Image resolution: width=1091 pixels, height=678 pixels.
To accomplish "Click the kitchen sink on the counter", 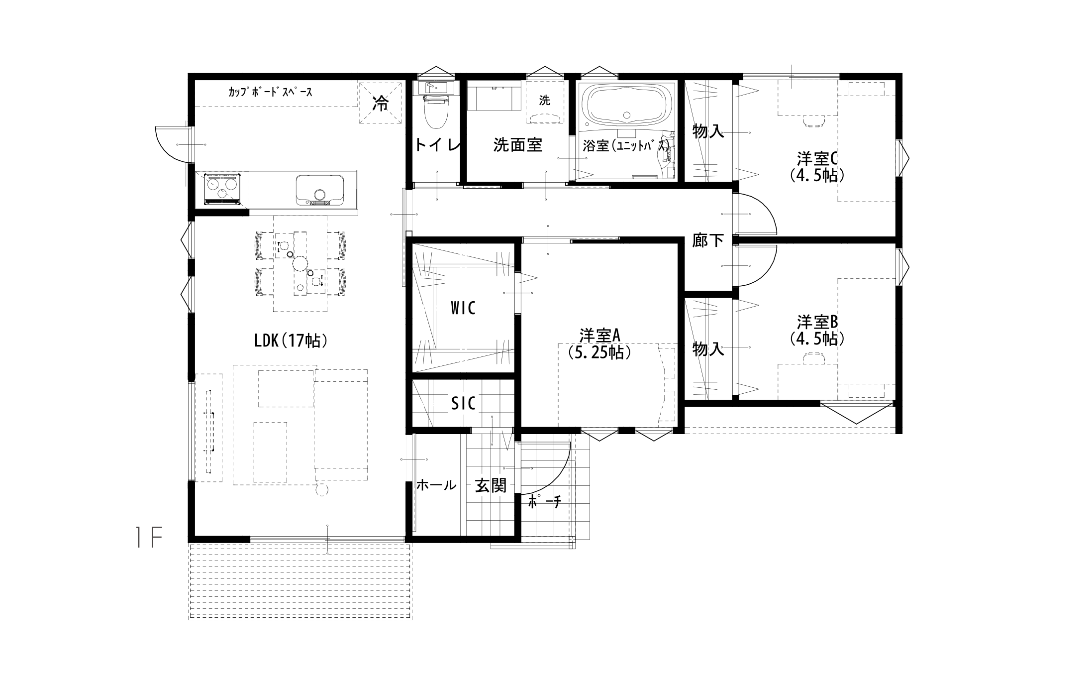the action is tap(319, 190).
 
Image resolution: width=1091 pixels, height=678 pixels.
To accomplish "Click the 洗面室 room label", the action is tap(517, 145).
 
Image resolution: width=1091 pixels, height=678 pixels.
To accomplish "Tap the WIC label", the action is tap(463, 308).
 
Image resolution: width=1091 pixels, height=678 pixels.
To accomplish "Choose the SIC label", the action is tap(463, 403).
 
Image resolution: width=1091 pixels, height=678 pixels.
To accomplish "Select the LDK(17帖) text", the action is tap(291, 340).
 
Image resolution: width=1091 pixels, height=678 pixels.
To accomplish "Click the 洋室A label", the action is tap(599, 334).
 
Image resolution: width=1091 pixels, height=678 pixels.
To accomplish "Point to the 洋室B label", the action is tap(817, 322).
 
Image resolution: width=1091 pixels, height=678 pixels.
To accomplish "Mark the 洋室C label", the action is tap(817, 159).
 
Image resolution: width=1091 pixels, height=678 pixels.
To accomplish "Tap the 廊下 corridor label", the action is tap(708, 240).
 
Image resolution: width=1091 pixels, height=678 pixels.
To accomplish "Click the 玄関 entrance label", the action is tap(491, 485).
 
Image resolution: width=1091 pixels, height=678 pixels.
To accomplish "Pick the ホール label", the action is tap(436, 485).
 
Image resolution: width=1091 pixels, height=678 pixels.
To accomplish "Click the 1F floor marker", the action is tap(149, 538).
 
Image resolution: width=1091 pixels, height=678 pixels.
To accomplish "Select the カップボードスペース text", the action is tap(270, 92).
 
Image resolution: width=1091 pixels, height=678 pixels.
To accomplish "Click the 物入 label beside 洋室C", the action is tap(708, 131).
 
